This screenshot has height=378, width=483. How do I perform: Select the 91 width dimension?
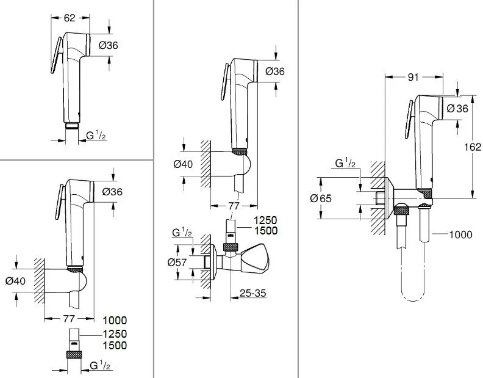(x=413, y=78)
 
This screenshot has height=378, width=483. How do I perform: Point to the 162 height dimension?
(x=473, y=147)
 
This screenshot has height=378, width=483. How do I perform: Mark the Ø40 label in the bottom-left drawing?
(x=15, y=281)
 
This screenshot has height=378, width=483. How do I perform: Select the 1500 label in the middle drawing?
(x=264, y=230)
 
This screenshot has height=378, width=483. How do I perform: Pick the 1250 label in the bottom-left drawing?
(x=115, y=333)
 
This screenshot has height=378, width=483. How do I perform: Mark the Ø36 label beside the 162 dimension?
(x=458, y=108)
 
